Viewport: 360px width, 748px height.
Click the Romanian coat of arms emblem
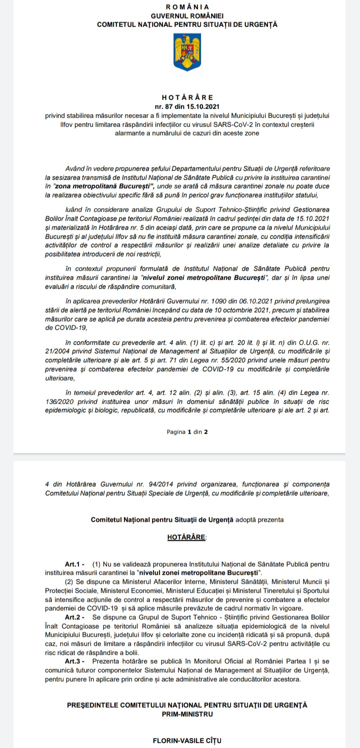[x=186, y=51]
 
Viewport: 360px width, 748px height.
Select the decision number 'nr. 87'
[x=165, y=105]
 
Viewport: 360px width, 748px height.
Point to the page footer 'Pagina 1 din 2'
[x=187, y=431]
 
